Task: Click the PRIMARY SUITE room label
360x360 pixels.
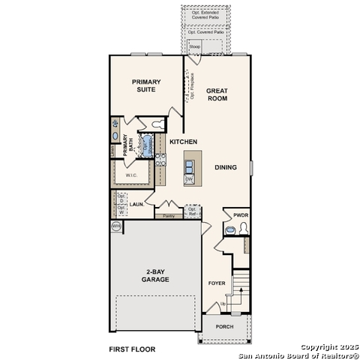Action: click(146, 86)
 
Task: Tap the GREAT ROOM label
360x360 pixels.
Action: click(217, 95)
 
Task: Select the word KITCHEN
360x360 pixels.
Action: click(183, 142)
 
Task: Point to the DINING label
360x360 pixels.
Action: click(226, 168)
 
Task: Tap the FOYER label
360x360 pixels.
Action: click(216, 283)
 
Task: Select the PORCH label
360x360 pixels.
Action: click(224, 327)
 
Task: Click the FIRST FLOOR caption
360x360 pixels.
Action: click(131, 349)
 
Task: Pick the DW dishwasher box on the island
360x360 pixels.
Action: click(189, 179)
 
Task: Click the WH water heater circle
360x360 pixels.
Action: click(116, 225)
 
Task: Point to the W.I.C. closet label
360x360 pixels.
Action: click(130, 176)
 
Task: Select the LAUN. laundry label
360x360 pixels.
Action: click(136, 203)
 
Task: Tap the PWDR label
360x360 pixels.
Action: click(240, 214)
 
